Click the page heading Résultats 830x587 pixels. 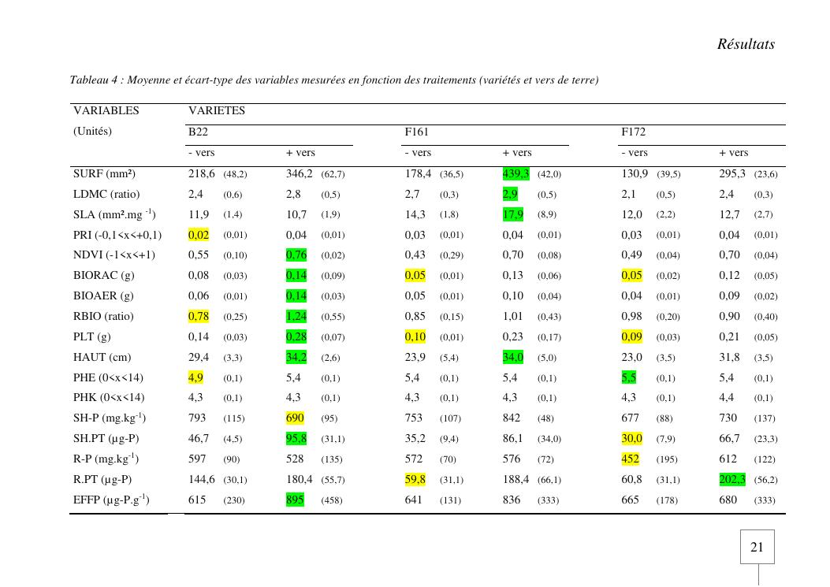(745, 44)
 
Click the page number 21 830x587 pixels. (757, 548)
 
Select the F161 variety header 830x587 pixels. (416, 132)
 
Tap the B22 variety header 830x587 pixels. (198, 132)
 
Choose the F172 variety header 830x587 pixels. (633, 132)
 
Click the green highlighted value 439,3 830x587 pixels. (516, 173)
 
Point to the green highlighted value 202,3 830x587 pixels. (732, 479)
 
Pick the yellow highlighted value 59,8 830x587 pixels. (415, 479)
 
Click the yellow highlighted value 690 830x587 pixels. (295, 418)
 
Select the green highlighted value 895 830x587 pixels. (295, 500)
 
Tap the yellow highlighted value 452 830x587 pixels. (630, 459)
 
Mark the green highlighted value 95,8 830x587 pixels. (296, 438)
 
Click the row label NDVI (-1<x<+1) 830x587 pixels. (114, 254)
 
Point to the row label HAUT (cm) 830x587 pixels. (102, 357)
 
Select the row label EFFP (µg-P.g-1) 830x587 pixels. (111, 500)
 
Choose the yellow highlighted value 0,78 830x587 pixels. (199, 316)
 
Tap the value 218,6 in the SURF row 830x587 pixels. (201, 173)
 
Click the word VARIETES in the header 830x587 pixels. (216, 111)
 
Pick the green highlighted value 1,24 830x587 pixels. (296, 316)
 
